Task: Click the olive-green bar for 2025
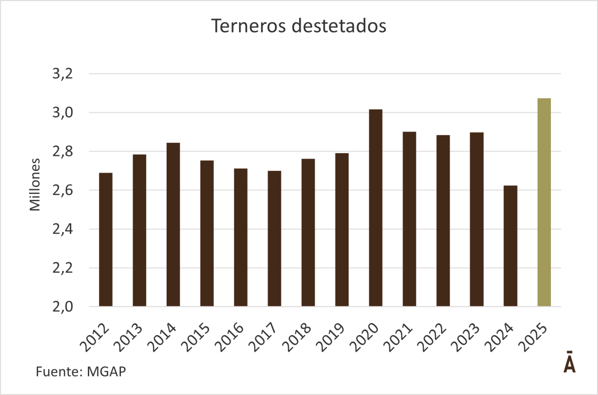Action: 544,202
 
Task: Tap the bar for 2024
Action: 511,246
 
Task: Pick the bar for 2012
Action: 106,239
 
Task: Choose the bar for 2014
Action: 173,224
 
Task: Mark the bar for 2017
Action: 274,238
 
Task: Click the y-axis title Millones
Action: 35,184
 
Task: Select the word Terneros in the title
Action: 248,26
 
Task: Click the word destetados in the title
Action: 339,26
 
